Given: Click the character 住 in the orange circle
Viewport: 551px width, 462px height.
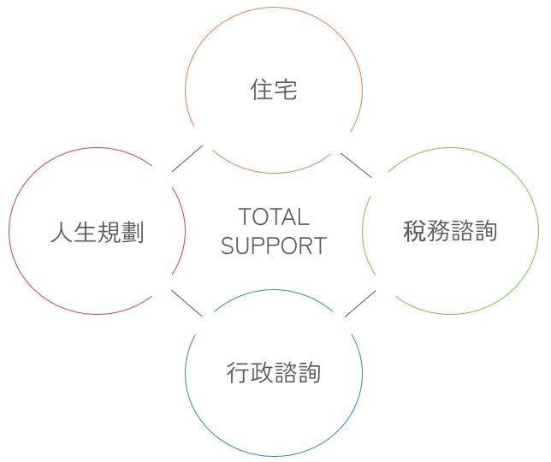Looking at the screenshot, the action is point(262,90).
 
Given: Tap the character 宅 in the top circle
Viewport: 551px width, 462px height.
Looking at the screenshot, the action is point(286,90).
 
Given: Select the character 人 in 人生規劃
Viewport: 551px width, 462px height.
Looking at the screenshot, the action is point(62,232).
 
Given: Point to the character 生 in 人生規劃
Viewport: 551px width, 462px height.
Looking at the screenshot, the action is point(86,232).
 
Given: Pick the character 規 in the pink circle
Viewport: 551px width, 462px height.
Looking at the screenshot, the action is point(109,232).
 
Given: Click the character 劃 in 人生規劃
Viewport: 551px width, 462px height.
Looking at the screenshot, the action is point(133,232).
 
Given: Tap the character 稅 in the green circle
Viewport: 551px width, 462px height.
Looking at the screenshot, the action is point(415,231).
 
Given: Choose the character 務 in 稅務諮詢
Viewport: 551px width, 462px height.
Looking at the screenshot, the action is point(438,231).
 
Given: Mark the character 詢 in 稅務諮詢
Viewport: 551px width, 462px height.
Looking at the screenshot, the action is point(485,231).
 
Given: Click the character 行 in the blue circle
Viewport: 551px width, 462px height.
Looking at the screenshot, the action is point(238,372).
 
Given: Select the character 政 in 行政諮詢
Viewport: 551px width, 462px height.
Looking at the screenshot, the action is point(262,372).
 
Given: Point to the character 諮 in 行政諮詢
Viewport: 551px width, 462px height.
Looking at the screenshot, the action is point(285,372).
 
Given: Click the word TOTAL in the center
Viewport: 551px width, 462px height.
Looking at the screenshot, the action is point(274,216).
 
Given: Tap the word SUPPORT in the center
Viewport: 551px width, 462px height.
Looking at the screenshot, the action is point(274,246).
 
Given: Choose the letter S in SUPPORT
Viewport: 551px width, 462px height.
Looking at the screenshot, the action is point(228,246).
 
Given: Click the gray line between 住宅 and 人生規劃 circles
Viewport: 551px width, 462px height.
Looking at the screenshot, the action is point(187,158).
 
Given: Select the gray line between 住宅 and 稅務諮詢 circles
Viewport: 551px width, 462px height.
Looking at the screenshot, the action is point(356,165).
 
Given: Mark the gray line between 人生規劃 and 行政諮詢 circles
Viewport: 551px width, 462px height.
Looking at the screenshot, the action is point(187,303).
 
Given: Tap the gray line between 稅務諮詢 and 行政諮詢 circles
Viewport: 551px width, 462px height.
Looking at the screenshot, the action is point(360,304).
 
